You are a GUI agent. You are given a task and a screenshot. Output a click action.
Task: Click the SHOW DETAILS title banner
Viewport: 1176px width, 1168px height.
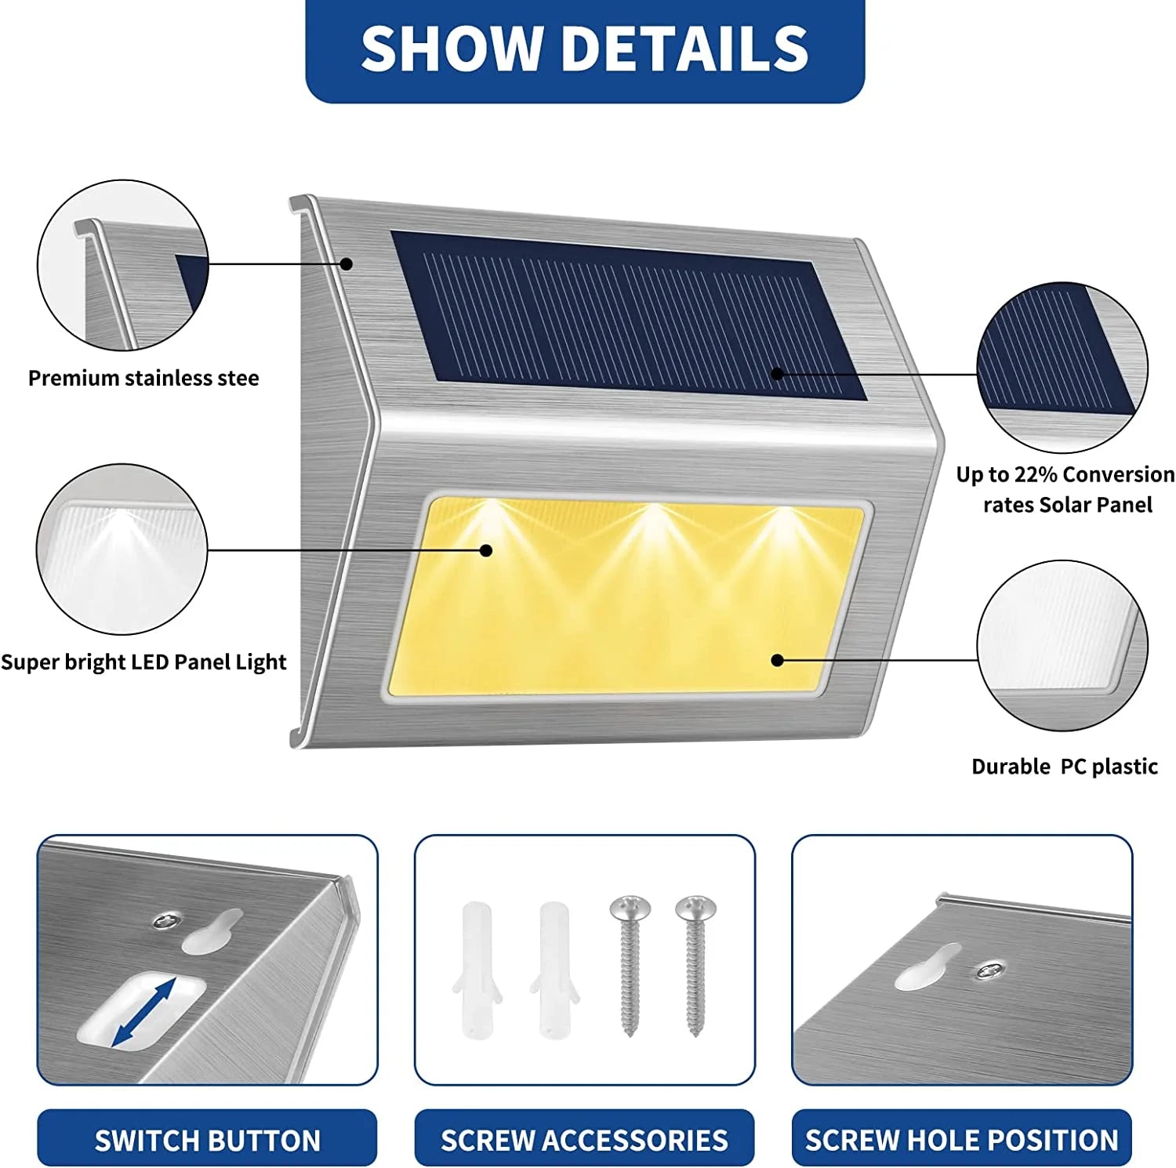point(584,49)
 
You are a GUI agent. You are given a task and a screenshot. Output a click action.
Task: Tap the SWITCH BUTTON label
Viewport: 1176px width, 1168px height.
point(207,1139)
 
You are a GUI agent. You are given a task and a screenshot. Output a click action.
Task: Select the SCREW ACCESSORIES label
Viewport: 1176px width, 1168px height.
point(584,1139)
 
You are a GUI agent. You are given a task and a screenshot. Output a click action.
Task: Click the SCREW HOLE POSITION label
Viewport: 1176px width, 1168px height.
point(961,1139)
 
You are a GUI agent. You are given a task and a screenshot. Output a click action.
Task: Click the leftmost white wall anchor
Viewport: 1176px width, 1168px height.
point(477,969)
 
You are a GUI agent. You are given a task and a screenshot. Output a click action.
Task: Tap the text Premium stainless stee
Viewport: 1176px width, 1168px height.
point(143,378)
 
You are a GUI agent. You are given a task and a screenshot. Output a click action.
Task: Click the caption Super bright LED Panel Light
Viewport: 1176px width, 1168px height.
point(143,662)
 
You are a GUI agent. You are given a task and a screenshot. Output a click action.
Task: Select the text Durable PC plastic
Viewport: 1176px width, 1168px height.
point(1064,766)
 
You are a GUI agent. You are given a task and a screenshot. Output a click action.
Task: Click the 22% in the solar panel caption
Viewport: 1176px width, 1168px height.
point(1036,474)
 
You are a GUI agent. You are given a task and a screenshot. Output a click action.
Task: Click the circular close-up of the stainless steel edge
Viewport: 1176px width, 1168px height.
point(123,265)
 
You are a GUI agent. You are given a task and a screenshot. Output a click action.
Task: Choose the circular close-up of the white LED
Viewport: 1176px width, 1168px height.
point(122,550)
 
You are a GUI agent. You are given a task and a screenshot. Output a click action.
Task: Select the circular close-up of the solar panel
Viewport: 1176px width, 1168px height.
point(1062,368)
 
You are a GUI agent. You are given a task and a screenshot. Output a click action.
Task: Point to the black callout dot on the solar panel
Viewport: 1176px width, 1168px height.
point(777,374)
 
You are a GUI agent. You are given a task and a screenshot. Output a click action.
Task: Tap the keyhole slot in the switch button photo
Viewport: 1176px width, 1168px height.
point(213,931)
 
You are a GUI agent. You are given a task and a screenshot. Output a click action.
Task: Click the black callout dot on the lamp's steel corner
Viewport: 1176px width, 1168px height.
point(346,264)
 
